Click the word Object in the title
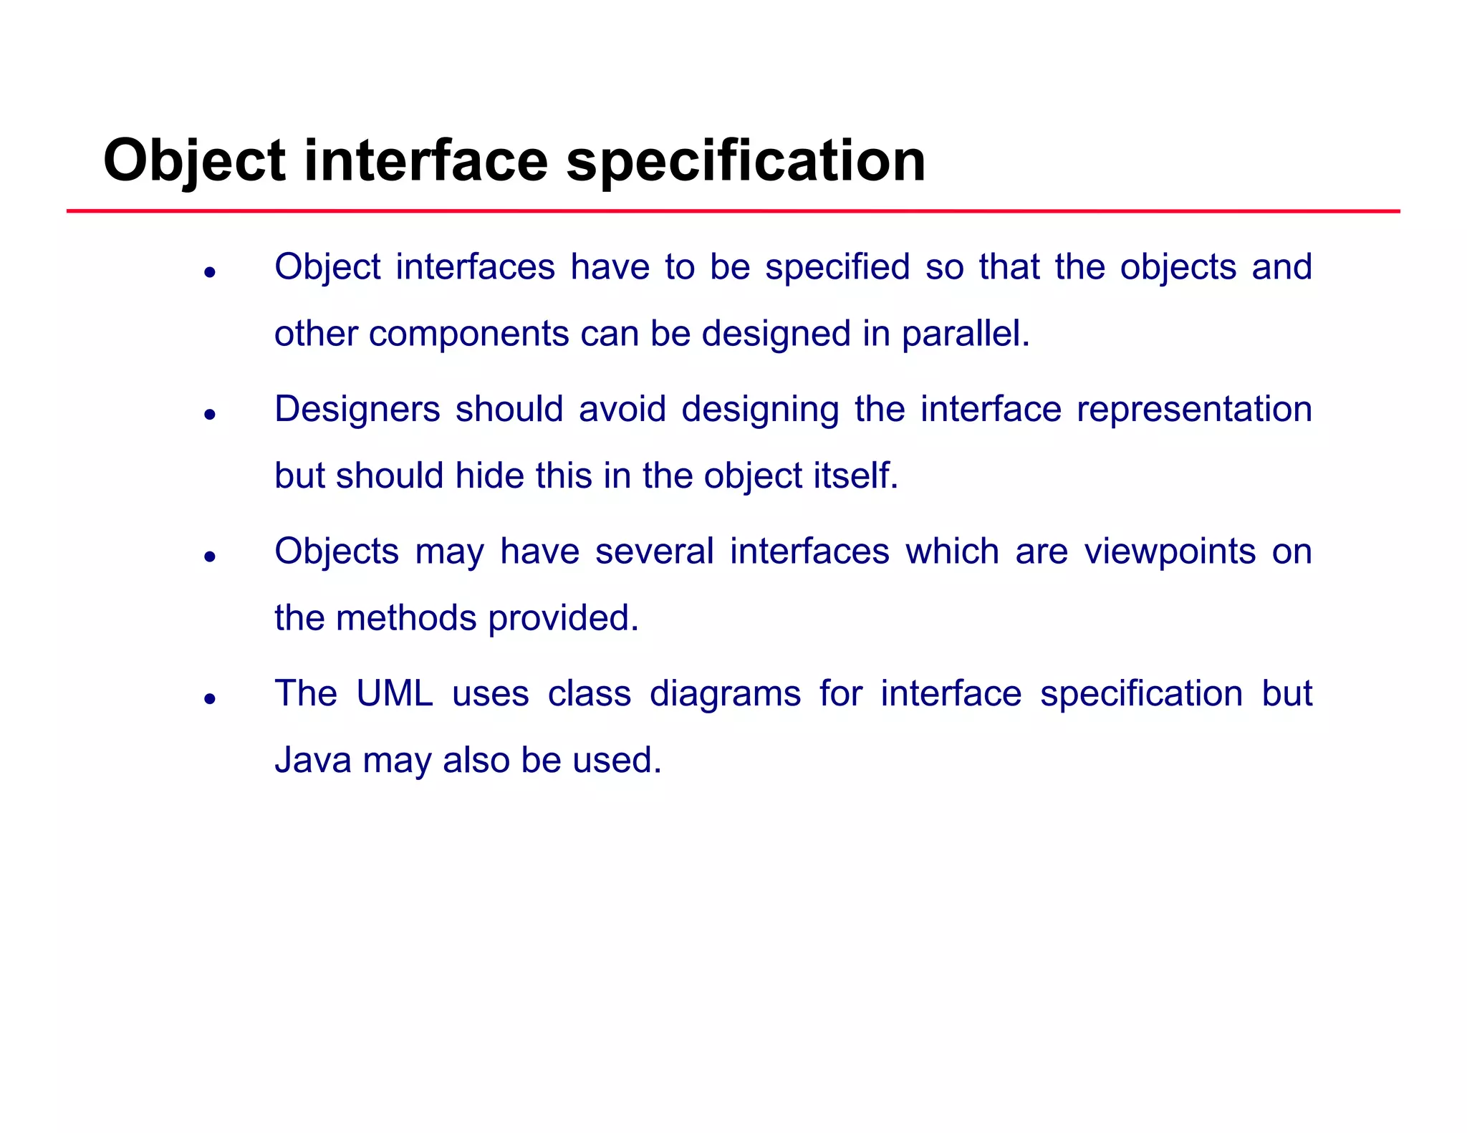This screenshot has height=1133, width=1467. coord(194,161)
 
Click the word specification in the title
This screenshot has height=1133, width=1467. coord(746,161)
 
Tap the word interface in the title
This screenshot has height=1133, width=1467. coord(425,161)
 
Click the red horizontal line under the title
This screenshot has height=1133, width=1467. coord(733,211)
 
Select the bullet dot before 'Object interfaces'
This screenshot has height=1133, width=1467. coord(210,272)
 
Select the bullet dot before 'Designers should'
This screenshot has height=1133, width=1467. coord(210,414)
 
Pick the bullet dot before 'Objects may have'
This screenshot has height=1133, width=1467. coord(210,556)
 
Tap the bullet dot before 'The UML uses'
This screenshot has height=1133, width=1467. coord(210,698)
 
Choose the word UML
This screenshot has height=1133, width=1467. coord(394,694)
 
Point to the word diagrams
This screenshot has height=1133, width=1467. coord(724,694)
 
